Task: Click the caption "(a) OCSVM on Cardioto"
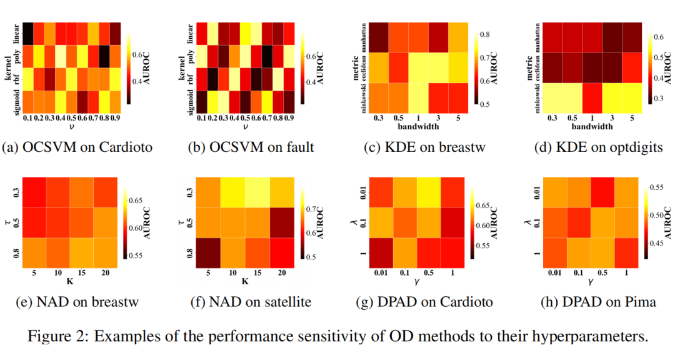77,147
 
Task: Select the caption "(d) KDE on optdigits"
598,147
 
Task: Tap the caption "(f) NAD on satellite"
251,301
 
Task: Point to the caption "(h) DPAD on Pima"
598,301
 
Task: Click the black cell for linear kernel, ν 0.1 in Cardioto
27,33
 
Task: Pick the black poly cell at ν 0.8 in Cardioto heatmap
104,56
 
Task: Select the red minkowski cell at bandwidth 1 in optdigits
592,97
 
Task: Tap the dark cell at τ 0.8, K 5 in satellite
208,252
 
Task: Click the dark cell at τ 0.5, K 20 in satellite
281,222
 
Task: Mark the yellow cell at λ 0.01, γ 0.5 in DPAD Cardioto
429,192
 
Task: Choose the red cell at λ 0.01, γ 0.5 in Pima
602,192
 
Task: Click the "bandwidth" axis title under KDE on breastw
418,127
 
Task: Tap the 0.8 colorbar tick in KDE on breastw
485,35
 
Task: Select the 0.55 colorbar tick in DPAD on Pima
656,187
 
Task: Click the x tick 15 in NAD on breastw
81,272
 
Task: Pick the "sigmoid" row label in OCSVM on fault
191,101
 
